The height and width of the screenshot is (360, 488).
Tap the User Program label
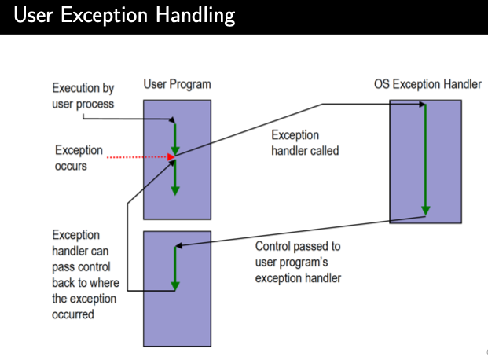point(177,84)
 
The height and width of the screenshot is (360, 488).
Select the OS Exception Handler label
point(427,84)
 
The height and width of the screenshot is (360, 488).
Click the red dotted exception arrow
point(138,157)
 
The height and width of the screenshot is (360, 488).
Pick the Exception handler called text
point(305,141)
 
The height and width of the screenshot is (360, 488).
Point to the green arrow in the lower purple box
point(175,267)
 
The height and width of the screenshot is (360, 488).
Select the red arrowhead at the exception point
point(170,157)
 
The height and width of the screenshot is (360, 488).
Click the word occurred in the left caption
point(73,314)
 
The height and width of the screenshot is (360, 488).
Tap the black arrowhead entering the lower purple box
point(182,246)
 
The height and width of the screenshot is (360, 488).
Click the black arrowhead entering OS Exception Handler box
point(421,105)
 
